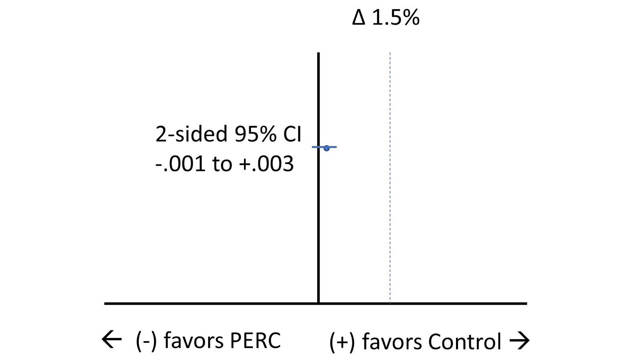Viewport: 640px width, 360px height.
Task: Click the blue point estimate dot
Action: (327, 148)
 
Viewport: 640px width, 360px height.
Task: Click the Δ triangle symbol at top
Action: (359, 18)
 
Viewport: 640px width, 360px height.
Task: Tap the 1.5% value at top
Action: (396, 18)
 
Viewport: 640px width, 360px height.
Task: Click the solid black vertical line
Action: (318, 220)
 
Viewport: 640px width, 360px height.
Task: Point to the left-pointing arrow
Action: (112, 340)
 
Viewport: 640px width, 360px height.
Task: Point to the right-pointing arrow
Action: (520, 341)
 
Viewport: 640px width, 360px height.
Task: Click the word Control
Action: (464, 342)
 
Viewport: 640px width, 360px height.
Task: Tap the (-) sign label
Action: (146, 341)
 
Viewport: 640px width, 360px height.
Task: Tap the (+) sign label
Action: (342, 342)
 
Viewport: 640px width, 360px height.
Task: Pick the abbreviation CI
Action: (292, 134)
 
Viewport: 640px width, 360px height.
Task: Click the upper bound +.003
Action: (266, 164)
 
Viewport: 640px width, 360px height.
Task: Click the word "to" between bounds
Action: (222, 164)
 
